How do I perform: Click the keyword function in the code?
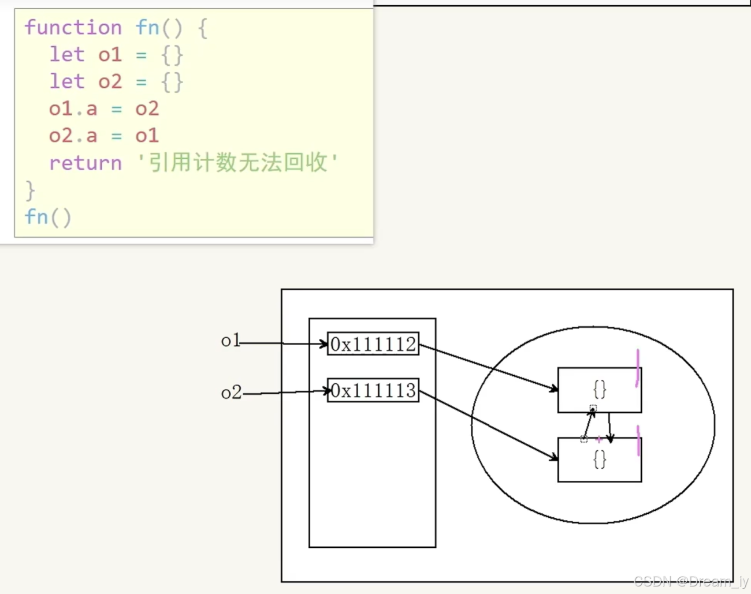73,27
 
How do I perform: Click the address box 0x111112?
373,344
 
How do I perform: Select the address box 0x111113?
373,391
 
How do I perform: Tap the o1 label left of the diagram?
230,341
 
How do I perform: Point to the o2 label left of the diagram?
231,393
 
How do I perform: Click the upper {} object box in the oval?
599,390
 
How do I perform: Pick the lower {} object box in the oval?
599,460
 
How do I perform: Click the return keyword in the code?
85,163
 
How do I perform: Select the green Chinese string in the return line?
237,163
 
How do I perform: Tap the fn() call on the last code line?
48,217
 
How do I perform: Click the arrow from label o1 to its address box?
283,343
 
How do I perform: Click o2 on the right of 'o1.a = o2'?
147,109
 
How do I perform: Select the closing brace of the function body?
30,190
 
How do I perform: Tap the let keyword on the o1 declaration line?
66,54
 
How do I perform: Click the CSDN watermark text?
691,581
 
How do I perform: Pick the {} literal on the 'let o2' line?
172,81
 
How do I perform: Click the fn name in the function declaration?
147,27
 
